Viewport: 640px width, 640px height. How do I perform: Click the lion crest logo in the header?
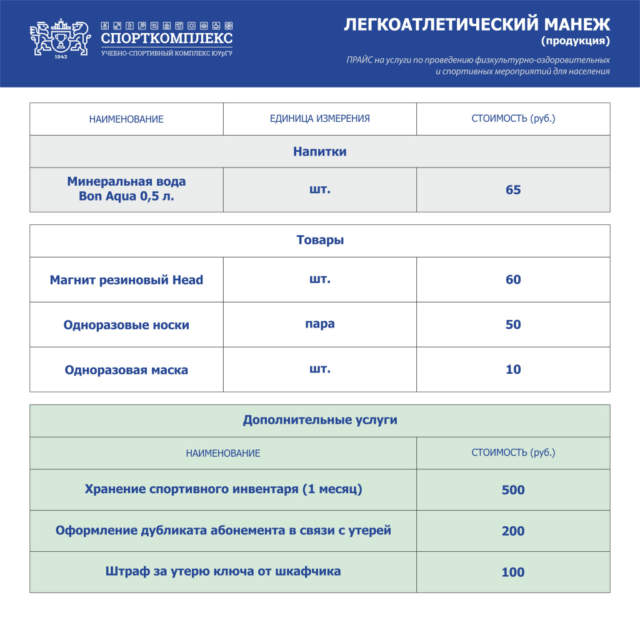coord(60,39)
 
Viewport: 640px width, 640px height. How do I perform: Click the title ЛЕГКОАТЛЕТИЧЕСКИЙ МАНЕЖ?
coord(477,24)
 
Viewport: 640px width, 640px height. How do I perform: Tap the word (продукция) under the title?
coord(575,42)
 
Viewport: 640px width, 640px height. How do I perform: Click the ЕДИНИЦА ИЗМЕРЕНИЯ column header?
coord(319,119)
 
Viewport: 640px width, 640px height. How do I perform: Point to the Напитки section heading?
coord(319,151)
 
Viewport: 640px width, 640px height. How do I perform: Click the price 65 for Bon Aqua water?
coord(513,190)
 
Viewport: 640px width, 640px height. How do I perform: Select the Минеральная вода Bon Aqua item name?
coord(126,189)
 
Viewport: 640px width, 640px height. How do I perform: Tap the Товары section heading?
coord(319,241)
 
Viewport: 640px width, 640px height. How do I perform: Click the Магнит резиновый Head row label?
coord(126,280)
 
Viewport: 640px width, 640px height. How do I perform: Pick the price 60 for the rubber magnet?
coord(513,280)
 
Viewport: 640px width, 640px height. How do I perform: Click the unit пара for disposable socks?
coord(319,324)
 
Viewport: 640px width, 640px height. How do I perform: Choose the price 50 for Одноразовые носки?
coord(513,325)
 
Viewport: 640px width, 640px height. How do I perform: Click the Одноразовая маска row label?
coord(126,370)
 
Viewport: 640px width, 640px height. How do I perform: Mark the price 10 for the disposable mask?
coord(513,370)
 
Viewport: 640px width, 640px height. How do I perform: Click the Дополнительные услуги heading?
coord(319,421)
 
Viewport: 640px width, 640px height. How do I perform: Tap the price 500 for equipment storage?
coord(513,490)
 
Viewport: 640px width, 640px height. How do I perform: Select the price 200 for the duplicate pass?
coord(513,531)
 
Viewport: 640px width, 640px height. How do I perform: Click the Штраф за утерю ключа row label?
coord(223,571)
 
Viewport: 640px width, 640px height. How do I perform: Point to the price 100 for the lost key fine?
coord(513,572)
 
